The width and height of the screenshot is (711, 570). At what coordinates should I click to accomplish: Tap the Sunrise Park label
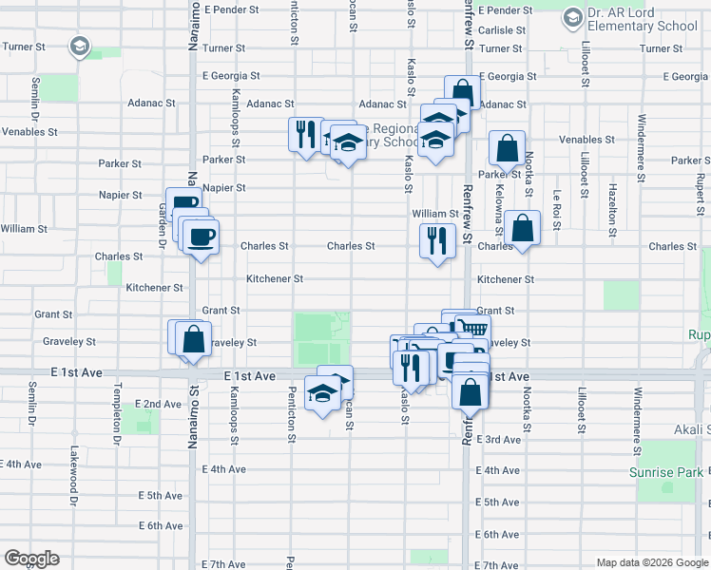[664, 472]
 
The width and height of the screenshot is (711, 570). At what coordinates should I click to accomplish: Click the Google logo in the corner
[32, 559]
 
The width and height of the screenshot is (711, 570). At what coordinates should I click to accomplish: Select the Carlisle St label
[501, 30]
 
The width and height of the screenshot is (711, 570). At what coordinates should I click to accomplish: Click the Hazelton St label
[612, 210]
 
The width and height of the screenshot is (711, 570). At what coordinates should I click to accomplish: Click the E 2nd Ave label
[159, 404]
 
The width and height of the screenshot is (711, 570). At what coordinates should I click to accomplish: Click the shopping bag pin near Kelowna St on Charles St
[522, 228]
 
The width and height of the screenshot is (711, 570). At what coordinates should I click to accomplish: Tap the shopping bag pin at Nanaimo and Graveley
[193, 339]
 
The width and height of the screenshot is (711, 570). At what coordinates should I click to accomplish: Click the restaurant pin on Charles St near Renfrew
[437, 240]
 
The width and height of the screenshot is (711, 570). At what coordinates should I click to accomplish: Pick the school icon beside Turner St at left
[79, 46]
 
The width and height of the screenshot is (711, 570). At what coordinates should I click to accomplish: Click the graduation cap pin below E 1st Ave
[322, 393]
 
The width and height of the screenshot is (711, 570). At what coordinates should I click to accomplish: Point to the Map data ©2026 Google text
[652, 562]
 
